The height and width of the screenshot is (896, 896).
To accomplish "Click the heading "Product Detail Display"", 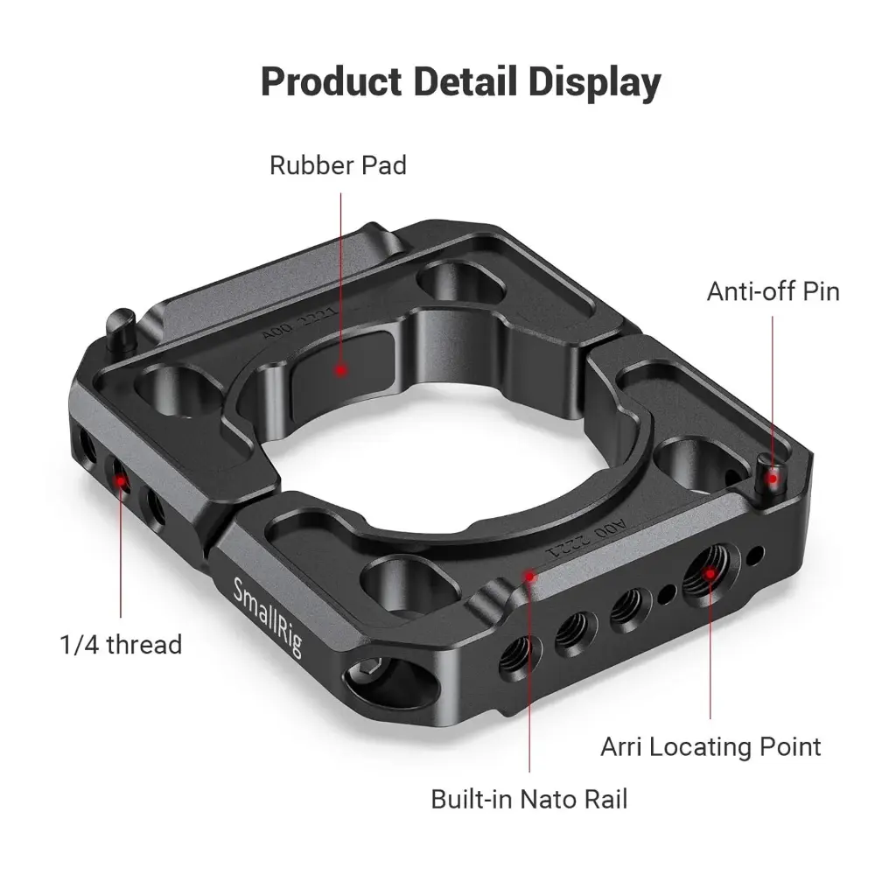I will point(460,81).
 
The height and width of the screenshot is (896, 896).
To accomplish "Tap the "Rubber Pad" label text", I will point(338,164).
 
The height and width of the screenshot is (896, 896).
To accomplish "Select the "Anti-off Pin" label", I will point(773,290).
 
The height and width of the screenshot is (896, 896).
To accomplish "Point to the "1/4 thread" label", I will point(121,645).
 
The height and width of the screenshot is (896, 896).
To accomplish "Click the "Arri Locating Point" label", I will point(710,746).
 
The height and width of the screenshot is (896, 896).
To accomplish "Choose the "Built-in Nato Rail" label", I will point(529,799).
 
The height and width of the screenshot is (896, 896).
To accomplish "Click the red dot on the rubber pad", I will point(340,370).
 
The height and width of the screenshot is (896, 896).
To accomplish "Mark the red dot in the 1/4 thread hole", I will point(121,480).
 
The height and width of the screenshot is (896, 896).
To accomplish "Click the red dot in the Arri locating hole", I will point(710,575).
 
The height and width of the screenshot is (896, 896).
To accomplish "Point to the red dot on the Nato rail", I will point(529,575).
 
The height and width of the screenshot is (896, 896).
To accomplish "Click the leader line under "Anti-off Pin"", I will point(773,385).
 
